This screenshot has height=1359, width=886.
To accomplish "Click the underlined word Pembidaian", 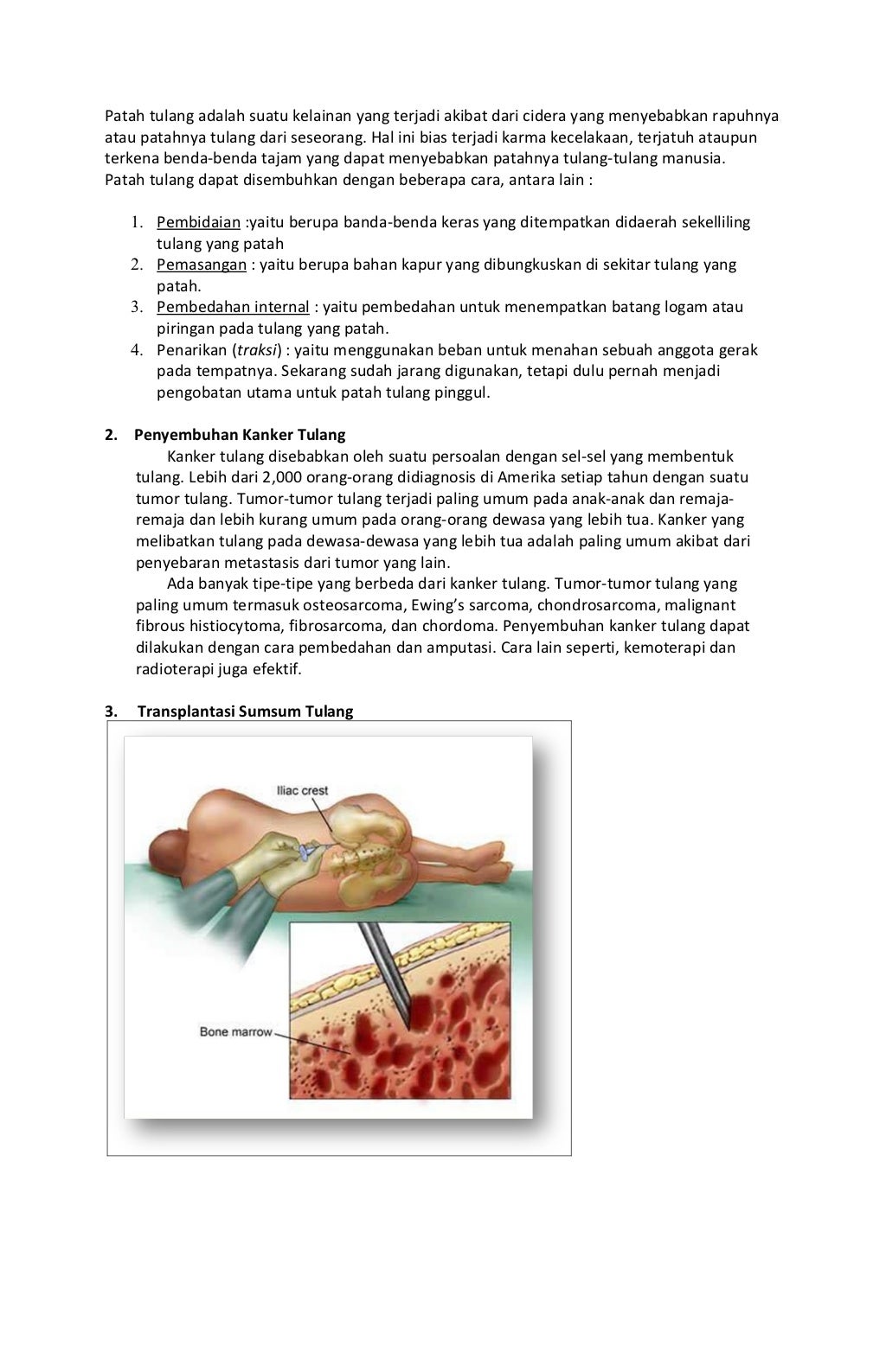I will click(x=198, y=222).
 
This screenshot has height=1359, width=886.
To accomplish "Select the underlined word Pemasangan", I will click(x=201, y=265).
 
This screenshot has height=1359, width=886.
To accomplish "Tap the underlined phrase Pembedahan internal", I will click(x=233, y=307).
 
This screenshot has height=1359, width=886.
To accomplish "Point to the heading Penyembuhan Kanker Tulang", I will click(x=240, y=435).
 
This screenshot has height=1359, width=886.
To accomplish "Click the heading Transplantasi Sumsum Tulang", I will click(x=245, y=711).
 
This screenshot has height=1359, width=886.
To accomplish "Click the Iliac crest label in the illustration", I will click(x=302, y=790).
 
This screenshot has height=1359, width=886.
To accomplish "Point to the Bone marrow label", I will click(x=235, y=1031).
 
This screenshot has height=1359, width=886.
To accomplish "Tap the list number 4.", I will click(x=137, y=350).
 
